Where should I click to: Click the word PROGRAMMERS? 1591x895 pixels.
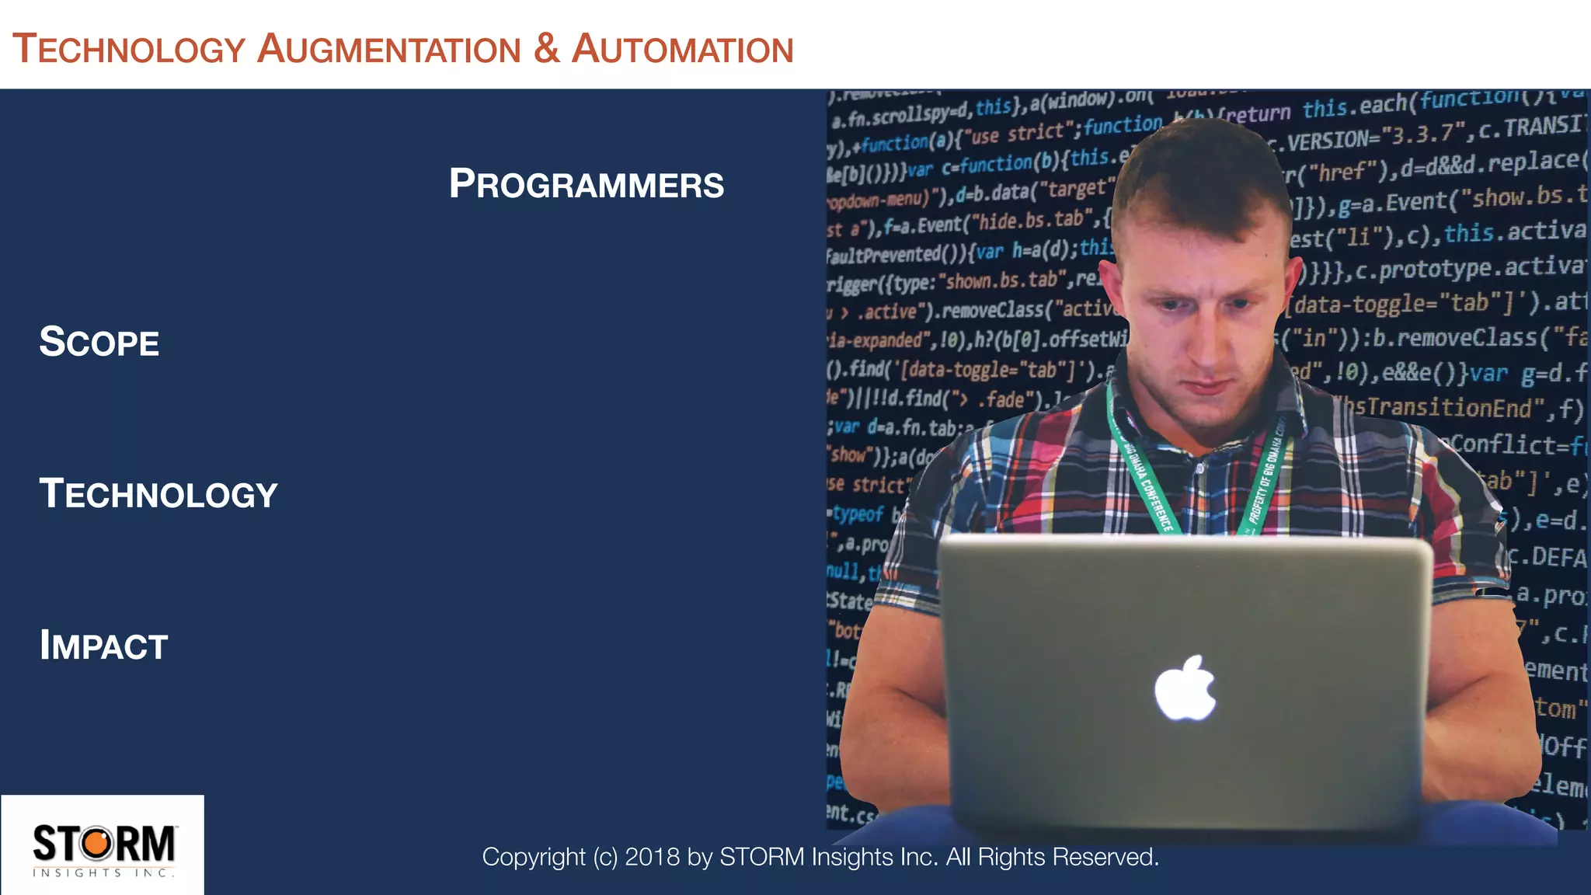[587, 185]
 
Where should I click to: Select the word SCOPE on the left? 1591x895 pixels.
[99, 343]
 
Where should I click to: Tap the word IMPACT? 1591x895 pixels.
[103, 646]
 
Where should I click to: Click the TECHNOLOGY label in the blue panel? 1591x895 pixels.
[158, 495]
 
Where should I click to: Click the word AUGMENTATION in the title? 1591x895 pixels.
[388, 50]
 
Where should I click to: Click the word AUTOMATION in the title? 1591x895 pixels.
[682, 50]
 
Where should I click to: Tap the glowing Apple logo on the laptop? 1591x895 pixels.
[1184, 688]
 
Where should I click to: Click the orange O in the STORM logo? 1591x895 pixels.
[98, 844]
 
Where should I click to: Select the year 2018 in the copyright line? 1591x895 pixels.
[653, 857]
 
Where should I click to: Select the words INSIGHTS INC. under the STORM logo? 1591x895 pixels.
[103, 873]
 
